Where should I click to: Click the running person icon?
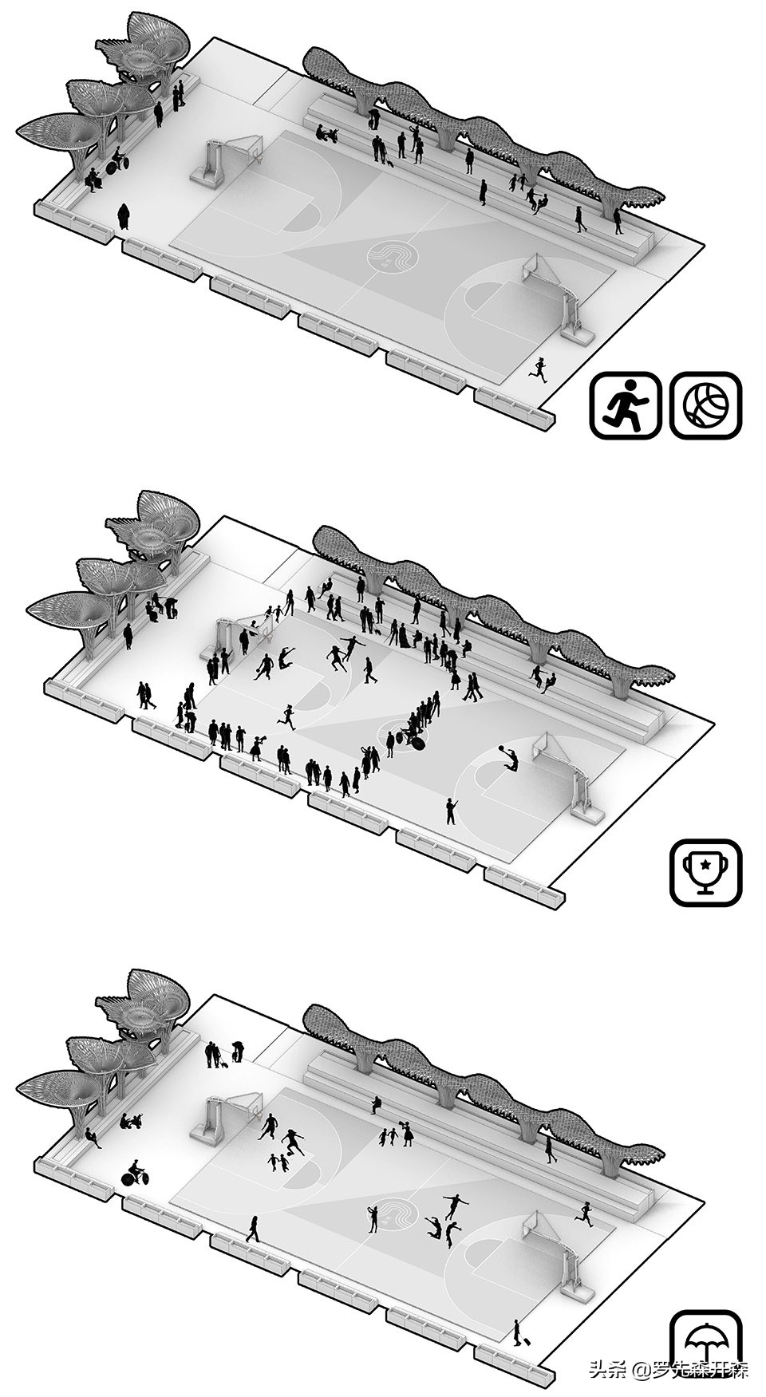tap(625, 404)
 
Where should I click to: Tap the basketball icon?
tap(705, 404)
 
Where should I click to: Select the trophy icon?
tap(705, 872)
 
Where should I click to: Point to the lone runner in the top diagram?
tap(540, 369)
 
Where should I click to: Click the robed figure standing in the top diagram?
tap(124, 216)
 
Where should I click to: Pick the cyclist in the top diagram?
tap(117, 162)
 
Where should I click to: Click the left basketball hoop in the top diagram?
tap(235, 152)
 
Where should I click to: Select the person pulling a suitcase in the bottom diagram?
tap(518, 1332)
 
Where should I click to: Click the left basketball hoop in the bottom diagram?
tap(235, 1107)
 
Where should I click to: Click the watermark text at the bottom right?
tap(669, 1370)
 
